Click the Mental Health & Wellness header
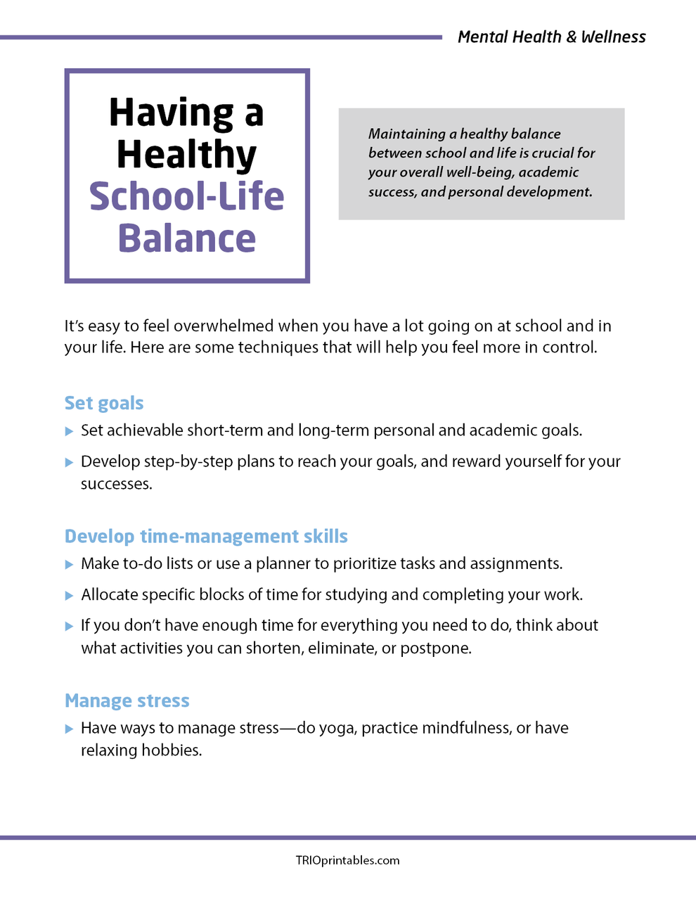tap(551, 37)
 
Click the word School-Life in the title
tap(186, 196)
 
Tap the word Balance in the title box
tap(186, 238)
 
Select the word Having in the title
tap(172, 113)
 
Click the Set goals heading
tap(104, 403)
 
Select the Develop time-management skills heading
tap(206, 536)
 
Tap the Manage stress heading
tap(127, 701)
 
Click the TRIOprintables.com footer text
tap(347, 860)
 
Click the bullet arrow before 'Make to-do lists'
tap(69, 564)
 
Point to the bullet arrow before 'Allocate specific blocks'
tap(69, 595)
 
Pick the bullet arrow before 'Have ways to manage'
tap(69, 729)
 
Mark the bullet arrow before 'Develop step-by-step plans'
tap(69, 462)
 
